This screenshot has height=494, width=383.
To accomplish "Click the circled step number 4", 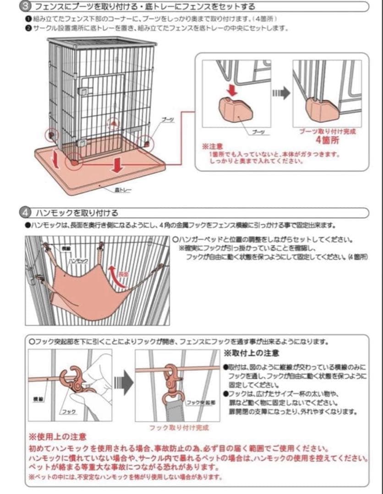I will [x=25, y=213].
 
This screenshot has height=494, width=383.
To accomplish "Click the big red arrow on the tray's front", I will [x=118, y=165].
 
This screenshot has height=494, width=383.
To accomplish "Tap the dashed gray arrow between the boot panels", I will [x=281, y=93].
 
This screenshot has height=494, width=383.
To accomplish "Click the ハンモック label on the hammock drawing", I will [x=78, y=260].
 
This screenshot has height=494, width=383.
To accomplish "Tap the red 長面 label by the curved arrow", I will [x=123, y=274].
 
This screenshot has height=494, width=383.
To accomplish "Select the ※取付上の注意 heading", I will [x=252, y=354].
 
